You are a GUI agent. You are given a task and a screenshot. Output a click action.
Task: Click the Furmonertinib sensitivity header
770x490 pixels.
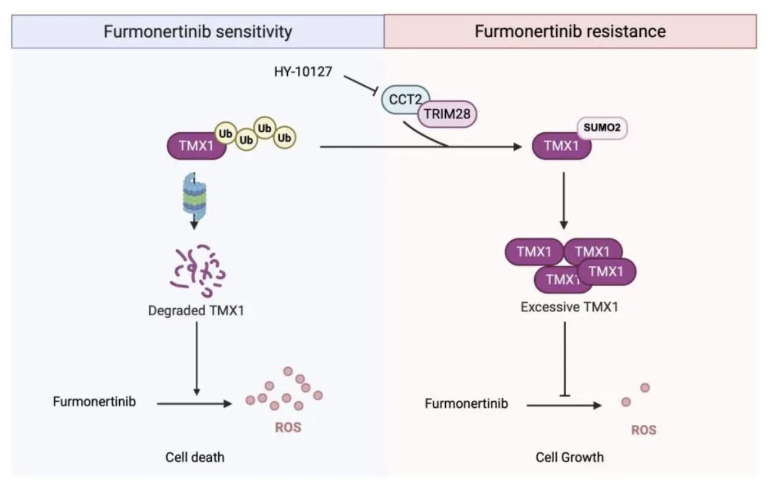click(x=198, y=31)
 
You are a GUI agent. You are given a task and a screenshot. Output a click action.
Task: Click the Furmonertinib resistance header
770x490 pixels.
click(x=570, y=31)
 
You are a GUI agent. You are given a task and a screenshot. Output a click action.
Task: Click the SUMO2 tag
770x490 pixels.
click(x=601, y=128)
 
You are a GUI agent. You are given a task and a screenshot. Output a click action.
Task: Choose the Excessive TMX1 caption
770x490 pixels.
click(x=566, y=308)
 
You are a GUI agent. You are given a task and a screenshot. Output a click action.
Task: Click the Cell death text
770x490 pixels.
click(x=195, y=457)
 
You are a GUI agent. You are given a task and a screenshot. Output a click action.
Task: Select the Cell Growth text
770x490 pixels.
click(x=569, y=457)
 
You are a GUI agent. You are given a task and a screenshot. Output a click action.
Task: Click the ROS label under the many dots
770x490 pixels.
click(x=288, y=428)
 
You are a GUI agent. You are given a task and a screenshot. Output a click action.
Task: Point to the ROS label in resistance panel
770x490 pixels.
click(x=643, y=430)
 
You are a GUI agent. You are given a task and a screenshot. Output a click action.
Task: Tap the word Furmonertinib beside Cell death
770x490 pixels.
click(x=94, y=402)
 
